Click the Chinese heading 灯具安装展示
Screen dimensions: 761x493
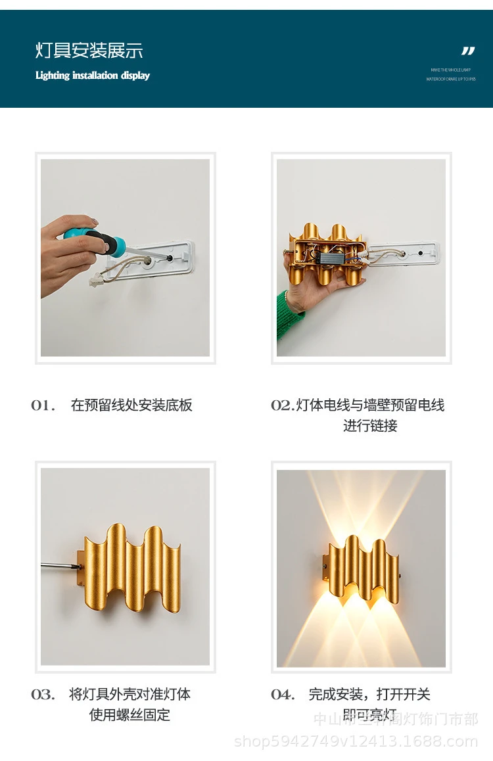tap(89, 51)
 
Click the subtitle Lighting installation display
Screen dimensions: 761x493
tap(93, 76)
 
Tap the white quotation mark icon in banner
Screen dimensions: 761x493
tap(467, 51)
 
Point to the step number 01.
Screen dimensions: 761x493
tap(43, 405)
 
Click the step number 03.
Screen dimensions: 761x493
tap(43, 695)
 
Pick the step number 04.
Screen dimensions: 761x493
tap(283, 695)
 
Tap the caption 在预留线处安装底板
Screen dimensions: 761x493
tap(131, 405)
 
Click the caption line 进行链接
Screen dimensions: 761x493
tap(370, 426)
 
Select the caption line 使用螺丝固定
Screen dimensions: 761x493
tap(129, 715)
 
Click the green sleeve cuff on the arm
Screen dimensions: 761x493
tap(289, 315)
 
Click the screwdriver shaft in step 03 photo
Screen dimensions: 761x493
tap(59, 565)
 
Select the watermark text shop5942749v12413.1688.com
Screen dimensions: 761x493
tap(356, 741)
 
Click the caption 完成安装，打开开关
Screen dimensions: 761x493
tap(369, 695)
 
